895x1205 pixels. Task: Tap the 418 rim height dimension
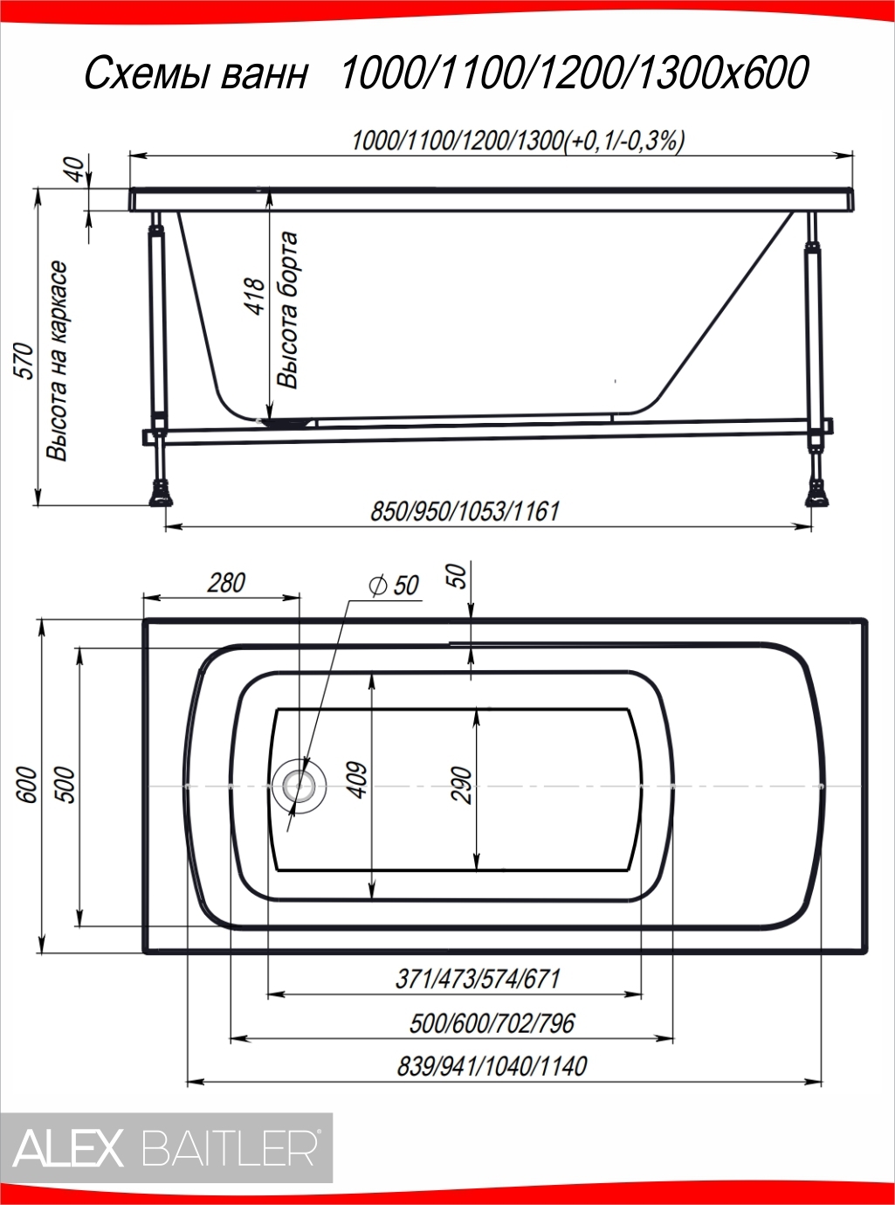click(x=255, y=295)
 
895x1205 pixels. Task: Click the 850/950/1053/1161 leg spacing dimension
click(x=465, y=511)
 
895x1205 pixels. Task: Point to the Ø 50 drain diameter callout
click(x=393, y=585)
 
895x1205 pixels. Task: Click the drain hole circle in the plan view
click(x=299, y=786)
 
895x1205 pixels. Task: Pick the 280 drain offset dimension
click(x=226, y=583)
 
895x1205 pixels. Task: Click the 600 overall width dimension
click(x=28, y=785)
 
